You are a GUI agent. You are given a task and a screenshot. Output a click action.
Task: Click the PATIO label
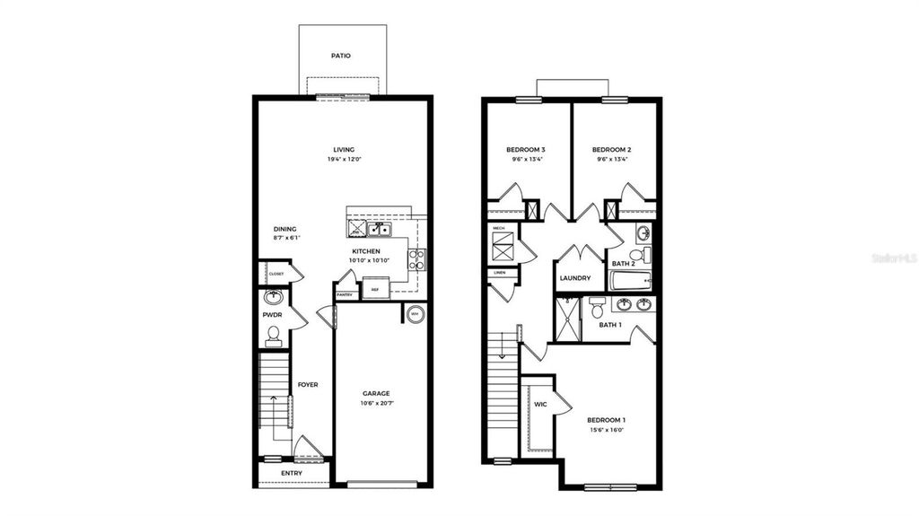(340, 56)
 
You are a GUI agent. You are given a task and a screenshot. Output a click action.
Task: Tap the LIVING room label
(344, 150)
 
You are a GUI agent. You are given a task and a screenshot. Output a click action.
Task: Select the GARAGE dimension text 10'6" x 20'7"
(377, 404)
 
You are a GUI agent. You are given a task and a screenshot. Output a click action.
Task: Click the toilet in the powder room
(274, 337)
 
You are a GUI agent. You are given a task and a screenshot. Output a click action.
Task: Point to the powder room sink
(274, 297)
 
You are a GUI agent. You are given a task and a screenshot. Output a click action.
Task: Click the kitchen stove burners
(416, 259)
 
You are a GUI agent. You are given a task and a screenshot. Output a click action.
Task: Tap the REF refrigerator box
(375, 290)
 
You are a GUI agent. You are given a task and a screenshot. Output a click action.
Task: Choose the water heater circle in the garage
(416, 314)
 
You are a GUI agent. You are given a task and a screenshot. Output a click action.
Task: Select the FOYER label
(308, 385)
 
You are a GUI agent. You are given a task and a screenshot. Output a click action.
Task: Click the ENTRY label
(292, 473)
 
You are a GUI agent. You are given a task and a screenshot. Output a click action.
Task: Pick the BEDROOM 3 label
(526, 149)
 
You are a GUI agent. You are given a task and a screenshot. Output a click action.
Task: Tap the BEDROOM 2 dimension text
(612, 160)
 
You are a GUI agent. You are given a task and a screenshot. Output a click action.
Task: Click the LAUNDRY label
(575, 278)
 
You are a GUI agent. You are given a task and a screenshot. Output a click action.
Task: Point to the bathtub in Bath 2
(632, 282)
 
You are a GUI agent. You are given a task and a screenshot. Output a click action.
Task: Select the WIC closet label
(540, 405)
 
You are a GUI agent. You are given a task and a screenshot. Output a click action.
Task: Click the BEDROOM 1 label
(607, 420)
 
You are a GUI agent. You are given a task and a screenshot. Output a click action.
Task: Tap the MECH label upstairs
(499, 229)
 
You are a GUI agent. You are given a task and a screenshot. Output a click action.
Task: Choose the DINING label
(284, 229)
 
